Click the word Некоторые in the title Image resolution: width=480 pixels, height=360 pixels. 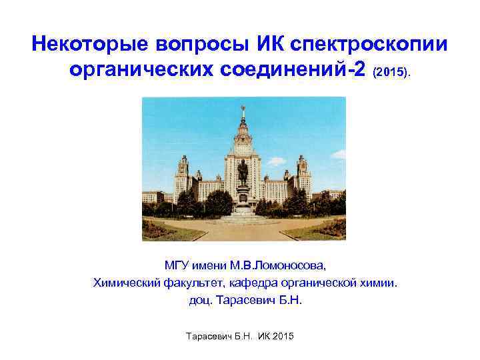click(x=90, y=45)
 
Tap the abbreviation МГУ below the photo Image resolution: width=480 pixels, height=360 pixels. click(x=176, y=266)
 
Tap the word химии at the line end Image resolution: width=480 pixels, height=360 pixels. click(x=379, y=283)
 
